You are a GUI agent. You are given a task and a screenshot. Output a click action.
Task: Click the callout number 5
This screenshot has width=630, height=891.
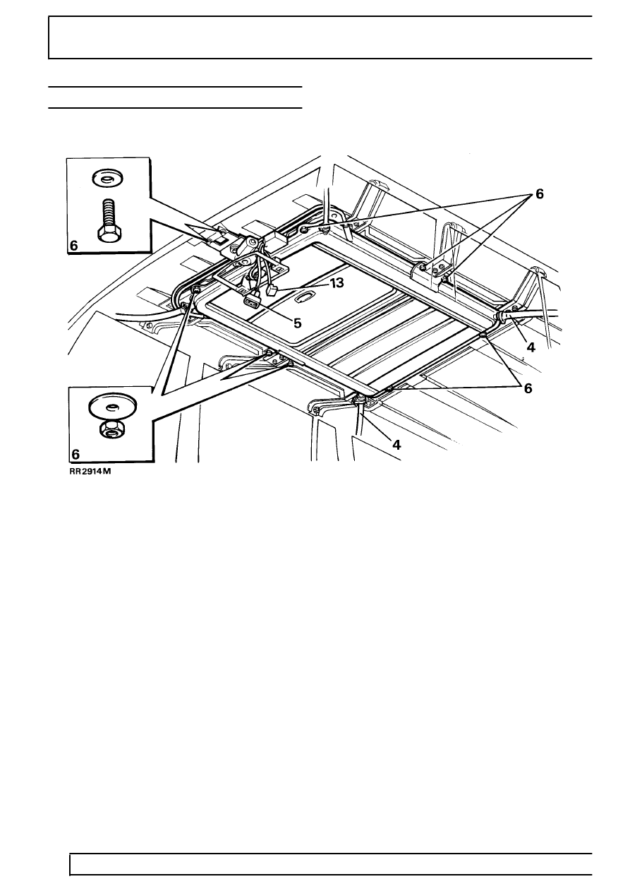[297, 323]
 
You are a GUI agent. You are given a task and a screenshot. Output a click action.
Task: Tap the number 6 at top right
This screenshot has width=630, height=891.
[540, 194]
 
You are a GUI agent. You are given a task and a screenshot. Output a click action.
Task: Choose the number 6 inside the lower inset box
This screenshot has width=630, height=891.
[75, 453]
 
